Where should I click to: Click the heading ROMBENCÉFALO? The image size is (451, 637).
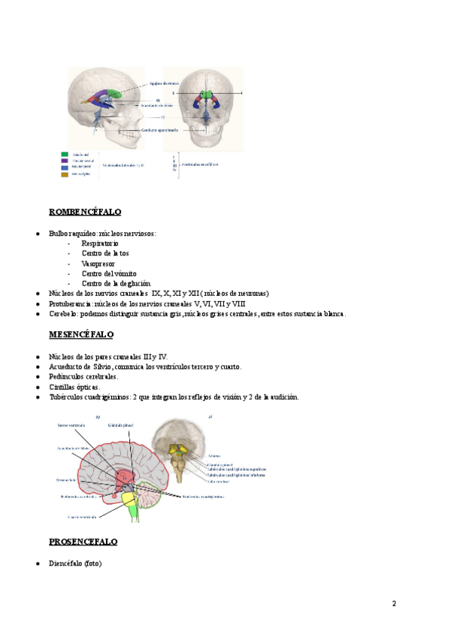[85, 213]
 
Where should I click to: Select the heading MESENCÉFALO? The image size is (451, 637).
[81, 333]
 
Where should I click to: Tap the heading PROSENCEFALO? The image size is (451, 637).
[83, 542]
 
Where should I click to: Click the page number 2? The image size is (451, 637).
[393, 603]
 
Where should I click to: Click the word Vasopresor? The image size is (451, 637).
[98, 264]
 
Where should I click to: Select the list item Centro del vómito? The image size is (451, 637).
[109, 273]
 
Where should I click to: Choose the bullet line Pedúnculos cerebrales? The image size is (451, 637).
[83, 376]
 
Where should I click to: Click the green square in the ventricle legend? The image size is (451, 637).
[65, 152]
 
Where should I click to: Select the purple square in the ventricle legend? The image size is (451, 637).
[65, 159]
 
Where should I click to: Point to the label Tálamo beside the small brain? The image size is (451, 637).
[213, 456]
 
